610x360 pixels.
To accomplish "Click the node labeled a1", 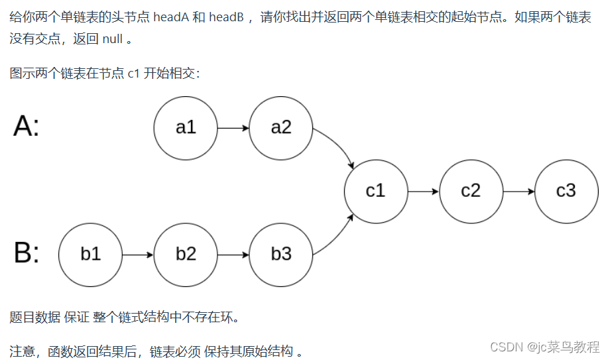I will [186, 128].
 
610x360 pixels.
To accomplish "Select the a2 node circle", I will [281, 128].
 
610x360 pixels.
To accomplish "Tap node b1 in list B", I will [90, 255].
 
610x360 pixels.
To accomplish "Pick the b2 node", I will [186, 255].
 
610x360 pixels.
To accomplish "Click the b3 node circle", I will [281, 255].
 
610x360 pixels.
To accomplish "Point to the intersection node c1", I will [376, 192].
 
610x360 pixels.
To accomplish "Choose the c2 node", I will [471, 192].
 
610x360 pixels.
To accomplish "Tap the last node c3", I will [566, 192].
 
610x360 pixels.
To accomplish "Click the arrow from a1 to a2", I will [233, 128].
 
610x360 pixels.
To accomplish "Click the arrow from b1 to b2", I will [138, 255].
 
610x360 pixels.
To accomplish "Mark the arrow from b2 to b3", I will [233, 255].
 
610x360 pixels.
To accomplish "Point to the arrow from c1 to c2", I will [423, 192].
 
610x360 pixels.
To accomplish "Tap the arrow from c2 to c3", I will [518, 192].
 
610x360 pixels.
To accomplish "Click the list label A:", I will [27, 126].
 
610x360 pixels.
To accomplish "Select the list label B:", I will [27, 253].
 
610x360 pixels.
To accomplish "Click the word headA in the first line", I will [170, 17].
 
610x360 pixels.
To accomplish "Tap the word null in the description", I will [113, 39].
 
